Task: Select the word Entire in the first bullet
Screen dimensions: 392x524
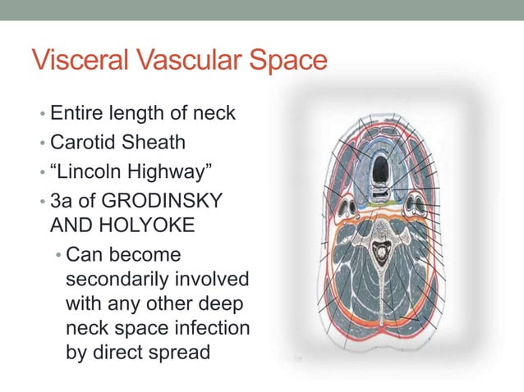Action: [76, 112]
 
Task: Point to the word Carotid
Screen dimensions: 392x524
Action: [84, 142]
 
